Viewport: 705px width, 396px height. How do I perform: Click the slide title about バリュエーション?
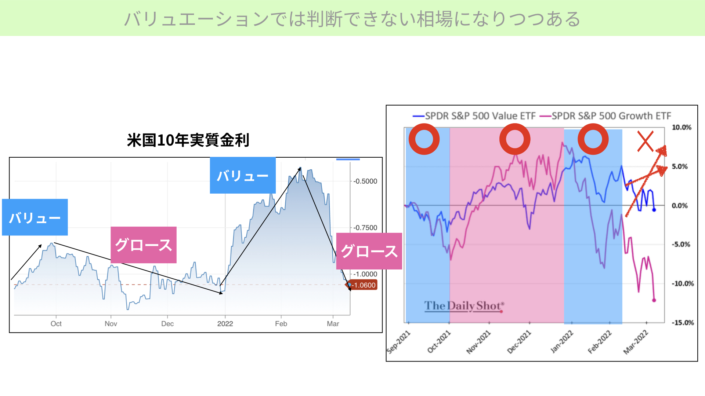[x=352, y=19]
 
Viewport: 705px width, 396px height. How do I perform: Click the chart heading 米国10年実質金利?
[x=188, y=140]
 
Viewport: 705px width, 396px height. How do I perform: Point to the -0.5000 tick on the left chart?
[x=365, y=181]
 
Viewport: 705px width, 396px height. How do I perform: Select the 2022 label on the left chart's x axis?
[x=225, y=324]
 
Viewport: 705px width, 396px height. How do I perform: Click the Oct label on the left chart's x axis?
[x=56, y=324]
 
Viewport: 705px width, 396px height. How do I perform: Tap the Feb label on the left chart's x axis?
[x=281, y=324]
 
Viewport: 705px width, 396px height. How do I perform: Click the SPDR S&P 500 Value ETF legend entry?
[x=474, y=116]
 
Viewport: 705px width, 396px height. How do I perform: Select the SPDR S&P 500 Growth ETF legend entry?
[x=605, y=116]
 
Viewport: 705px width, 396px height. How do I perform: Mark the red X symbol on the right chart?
[x=645, y=141]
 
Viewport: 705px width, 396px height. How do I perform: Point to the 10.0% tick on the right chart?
[x=681, y=127]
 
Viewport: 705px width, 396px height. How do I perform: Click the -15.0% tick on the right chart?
[x=683, y=323]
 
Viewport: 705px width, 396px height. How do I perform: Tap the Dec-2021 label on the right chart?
[x=519, y=342]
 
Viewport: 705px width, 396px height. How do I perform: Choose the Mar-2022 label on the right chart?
[x=636, y=342]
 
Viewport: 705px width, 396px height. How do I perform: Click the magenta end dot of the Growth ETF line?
[x=654, y=300]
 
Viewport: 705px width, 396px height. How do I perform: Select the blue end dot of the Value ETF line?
[x=654, y=210]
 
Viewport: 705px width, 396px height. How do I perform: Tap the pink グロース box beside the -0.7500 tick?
[x=369, y=251]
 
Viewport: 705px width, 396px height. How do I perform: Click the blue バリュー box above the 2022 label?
[x=243, y=175]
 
